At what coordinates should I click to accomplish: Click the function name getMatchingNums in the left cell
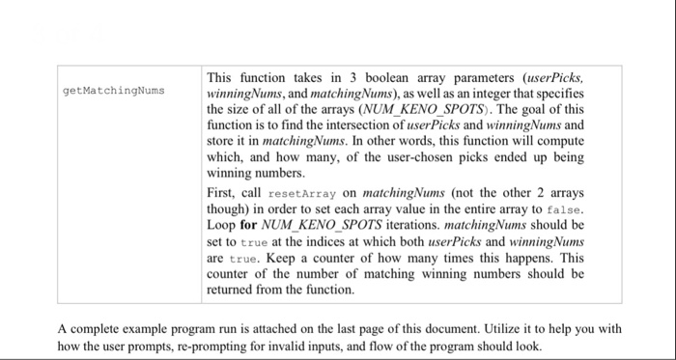click(113, 91)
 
